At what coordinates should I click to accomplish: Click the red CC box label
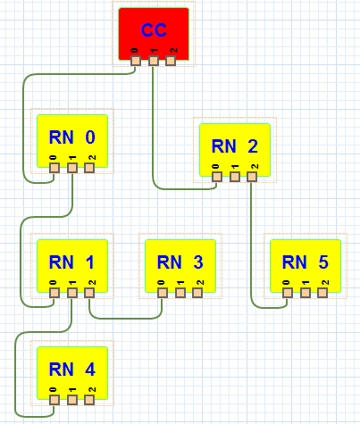154,30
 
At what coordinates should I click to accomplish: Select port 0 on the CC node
136,61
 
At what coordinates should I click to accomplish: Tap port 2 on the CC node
171,61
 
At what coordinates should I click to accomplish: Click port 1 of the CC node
154,61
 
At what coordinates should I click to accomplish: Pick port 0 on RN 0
54,168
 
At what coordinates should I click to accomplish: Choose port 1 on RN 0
72,168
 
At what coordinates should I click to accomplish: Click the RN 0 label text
72,137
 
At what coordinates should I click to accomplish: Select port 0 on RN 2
217,177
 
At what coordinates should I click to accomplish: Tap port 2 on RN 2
252,177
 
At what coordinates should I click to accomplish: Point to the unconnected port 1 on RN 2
235,177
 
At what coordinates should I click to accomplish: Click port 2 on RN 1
89,293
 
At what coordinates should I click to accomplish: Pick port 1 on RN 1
72,293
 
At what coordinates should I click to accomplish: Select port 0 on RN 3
163,293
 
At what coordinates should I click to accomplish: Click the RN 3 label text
180,262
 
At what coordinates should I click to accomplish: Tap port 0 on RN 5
288,293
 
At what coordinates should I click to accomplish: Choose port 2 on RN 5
322,293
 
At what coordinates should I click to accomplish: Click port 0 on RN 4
54,400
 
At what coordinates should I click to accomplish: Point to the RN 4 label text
72,370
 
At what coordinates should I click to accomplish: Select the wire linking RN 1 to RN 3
125,319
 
